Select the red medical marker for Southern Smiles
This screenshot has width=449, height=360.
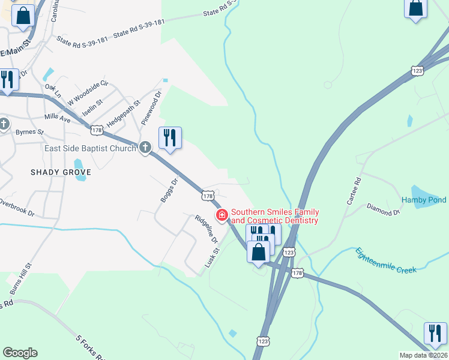click(x=222, y=215)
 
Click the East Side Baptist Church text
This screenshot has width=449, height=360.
click(x=90, y=148)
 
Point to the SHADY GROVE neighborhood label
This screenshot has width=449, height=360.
click(x=61, y=172)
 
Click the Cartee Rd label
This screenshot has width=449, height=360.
click(x=354, y=191)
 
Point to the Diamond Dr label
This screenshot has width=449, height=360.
click(x=384, y=209)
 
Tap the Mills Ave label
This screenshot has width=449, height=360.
click(x=58, y=119)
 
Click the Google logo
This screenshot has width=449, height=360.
click(x=20, y=353)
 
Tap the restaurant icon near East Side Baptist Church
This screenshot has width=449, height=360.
click(x=170, y=139)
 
